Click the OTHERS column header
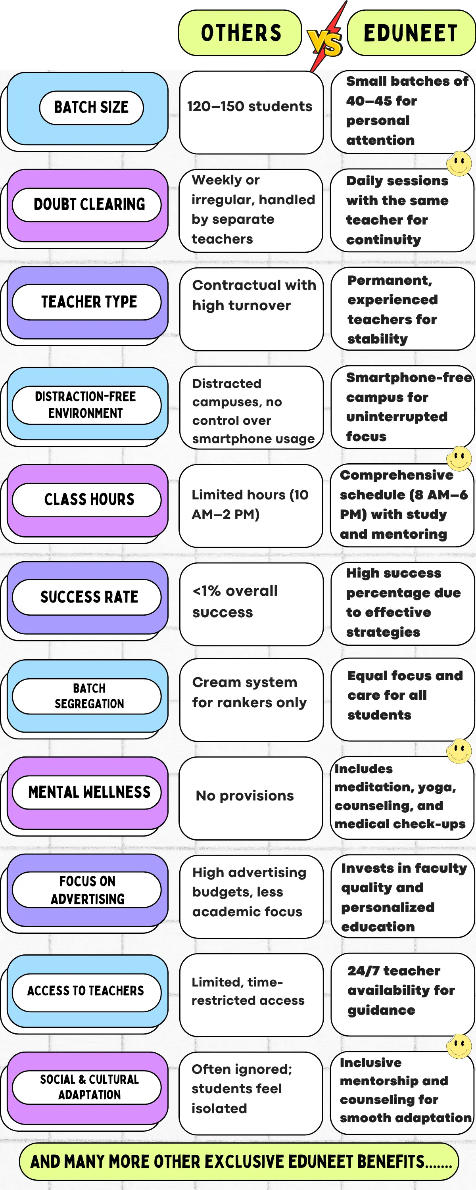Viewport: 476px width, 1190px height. [240, 33]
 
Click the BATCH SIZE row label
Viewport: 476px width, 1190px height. [91, 107]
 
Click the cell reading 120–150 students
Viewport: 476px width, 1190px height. [251, 112]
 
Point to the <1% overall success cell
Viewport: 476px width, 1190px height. [251, 604]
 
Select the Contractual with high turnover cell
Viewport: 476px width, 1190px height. [251, 309]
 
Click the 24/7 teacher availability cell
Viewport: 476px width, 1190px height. [403, 994]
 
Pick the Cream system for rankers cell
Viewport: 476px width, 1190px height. [251, 699]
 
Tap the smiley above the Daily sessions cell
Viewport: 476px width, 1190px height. [459, 163]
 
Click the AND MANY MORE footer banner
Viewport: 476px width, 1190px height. [238, 1161]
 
